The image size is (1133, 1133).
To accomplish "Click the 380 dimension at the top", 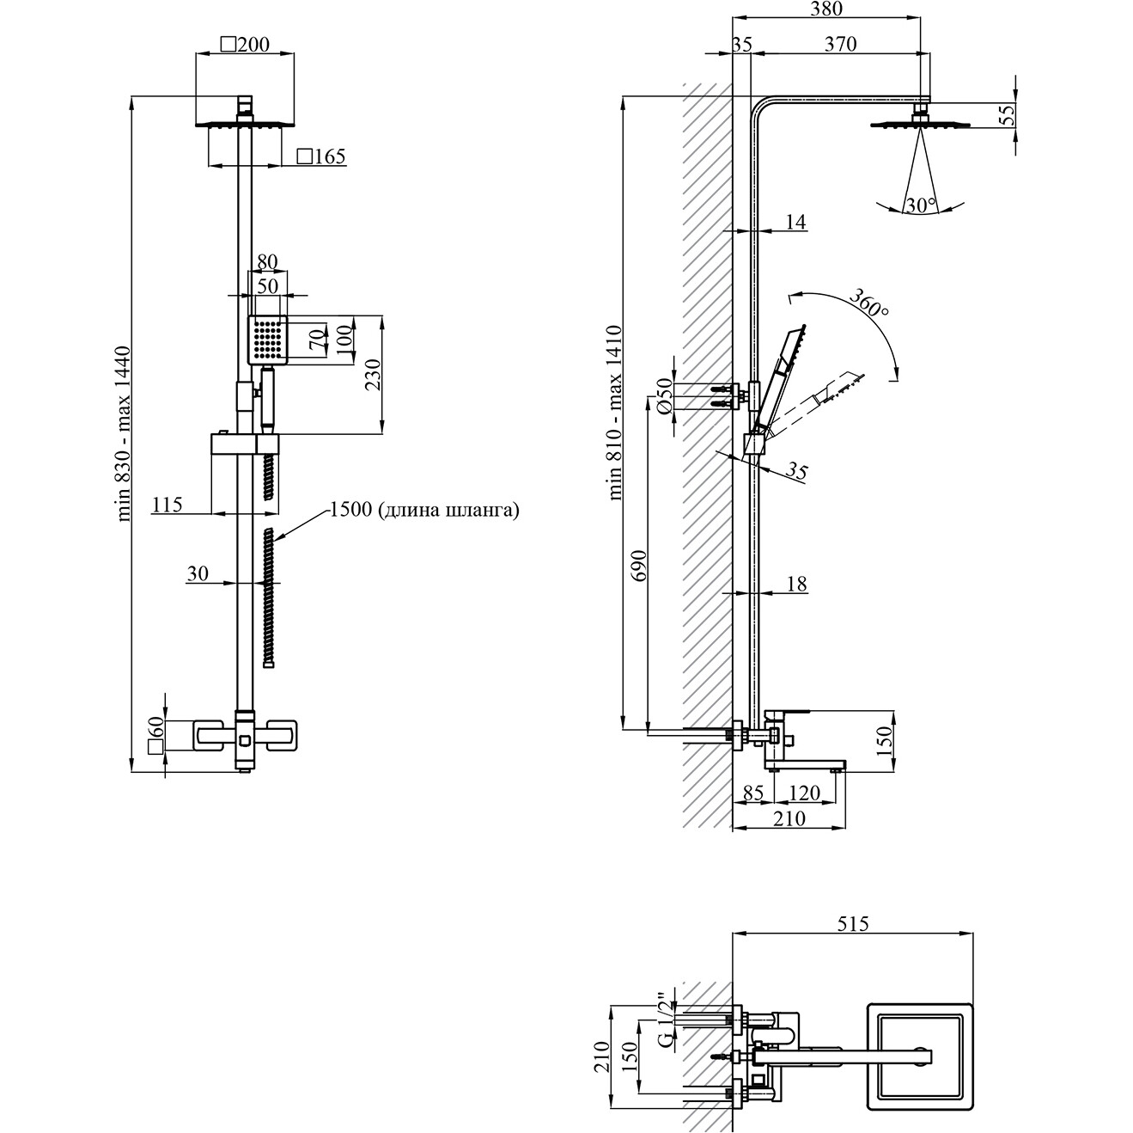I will coord(826,9).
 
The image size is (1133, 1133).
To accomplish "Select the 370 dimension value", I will coord(840,45).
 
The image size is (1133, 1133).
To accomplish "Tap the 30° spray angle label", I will coord(920,205).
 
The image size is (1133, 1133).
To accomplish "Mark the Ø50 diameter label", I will coord(663,396).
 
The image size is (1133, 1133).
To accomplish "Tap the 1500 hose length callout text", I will coord(424,510).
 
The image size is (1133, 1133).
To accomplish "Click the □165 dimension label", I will coord(320,156).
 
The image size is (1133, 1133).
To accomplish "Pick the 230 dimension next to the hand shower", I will coord(374,375).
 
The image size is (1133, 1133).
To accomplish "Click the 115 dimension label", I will coord(167,504).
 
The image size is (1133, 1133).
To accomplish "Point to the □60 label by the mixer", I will coord(155,736).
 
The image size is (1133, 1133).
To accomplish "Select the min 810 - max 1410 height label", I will coord(615,413).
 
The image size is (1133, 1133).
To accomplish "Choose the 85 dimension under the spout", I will coord(753,793).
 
